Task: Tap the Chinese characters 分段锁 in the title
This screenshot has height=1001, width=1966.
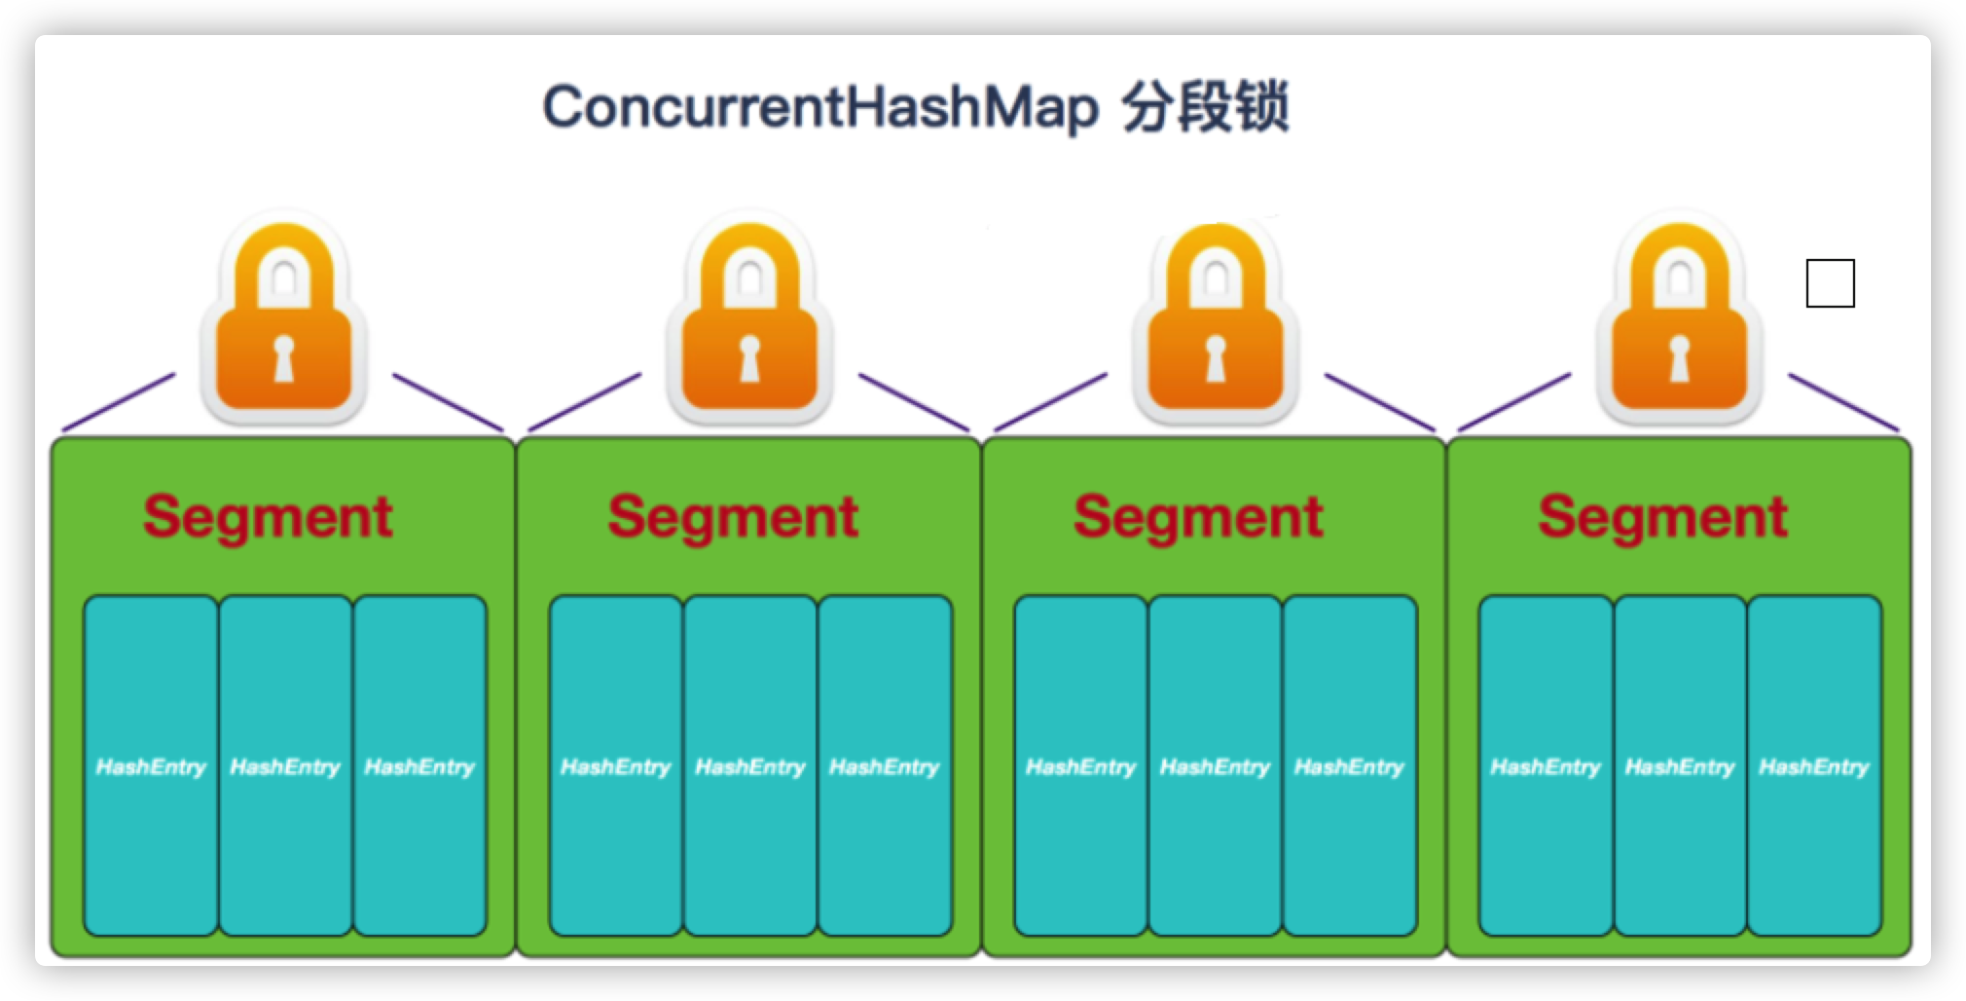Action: (1205, 107)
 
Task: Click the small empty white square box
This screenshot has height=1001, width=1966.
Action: (1830, 283)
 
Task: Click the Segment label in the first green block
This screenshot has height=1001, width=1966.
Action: (268, 516)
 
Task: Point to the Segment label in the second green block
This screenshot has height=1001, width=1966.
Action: (733, 516)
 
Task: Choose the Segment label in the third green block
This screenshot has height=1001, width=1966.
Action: (1198, 516)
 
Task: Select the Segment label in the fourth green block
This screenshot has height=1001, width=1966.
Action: (1662, 516)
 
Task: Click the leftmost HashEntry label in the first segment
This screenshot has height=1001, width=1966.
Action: (151, 767)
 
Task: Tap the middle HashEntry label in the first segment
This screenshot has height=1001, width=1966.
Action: (285, 767)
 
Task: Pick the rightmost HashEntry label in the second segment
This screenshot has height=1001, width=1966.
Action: (884, 767)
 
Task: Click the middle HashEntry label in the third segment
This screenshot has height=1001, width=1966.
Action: (1215, 767)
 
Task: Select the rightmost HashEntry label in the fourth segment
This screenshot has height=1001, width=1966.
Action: (1814, 767)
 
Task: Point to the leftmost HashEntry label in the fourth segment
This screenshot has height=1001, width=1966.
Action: (1546, 767)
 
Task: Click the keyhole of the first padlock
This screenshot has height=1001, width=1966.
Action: (283, 359)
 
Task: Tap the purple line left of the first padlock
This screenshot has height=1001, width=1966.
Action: (119, 401)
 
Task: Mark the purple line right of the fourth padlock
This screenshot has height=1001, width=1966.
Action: (1843, 402)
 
